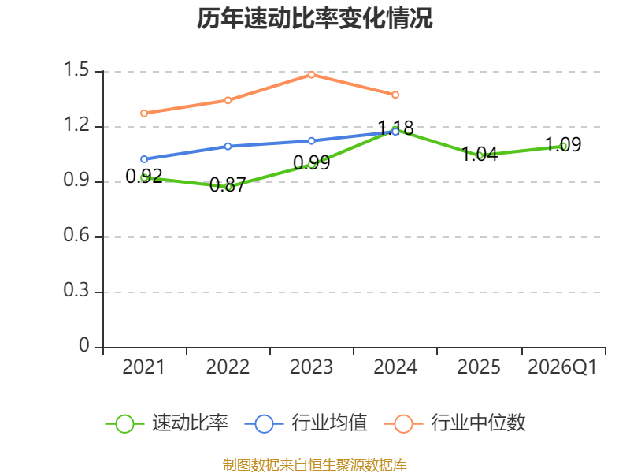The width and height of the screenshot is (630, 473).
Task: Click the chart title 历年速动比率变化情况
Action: (314, 18)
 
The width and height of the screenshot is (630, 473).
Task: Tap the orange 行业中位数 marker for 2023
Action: (312, 75)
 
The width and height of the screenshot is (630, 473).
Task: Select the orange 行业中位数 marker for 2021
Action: (144, 114)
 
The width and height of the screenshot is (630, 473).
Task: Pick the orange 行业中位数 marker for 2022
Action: (228, 100)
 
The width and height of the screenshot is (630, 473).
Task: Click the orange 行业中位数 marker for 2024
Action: (395, 95)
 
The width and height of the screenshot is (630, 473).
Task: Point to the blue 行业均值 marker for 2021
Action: (144, 159)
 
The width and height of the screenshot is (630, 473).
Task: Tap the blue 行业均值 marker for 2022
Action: (228, 147)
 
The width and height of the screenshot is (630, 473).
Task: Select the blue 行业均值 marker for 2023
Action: (312, 141)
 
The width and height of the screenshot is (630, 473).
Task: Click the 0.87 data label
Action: (228, 185)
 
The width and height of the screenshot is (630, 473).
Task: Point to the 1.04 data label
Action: (480, 154)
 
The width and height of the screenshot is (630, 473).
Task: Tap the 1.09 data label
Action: (563, 144)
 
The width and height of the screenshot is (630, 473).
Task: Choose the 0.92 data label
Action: (144, 176)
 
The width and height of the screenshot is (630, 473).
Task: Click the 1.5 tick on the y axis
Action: (76, 69)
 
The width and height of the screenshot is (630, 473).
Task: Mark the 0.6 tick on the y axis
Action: (76, 235)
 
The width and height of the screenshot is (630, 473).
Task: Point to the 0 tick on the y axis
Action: (84, 345)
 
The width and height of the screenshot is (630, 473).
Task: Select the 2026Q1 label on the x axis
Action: (562, 367)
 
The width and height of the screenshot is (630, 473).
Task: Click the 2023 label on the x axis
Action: (311, 367)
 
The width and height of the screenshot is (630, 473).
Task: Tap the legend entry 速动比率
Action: (167, 423)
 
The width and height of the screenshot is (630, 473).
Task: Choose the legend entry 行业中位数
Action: (455, 423)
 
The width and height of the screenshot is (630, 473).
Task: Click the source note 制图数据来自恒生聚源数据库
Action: (314, 465)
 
